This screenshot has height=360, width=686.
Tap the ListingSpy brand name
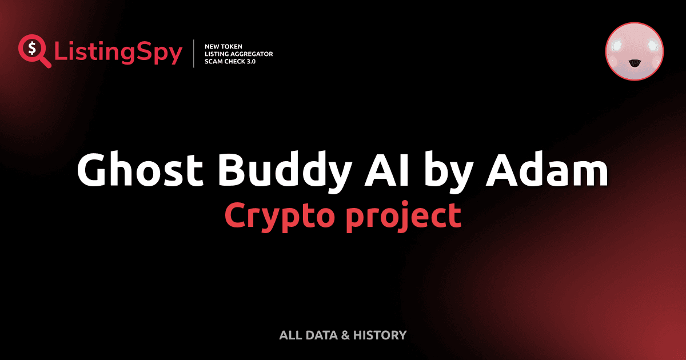pyautogui.click(x=118, y=53)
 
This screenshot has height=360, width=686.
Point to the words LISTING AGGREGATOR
pyautogui.click(x=238, y=54)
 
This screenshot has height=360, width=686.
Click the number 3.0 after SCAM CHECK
pyautogui.click(x=249, y=61)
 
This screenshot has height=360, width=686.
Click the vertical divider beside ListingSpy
pyautogui.click(x=194, y=54)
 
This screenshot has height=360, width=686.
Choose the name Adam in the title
pyautogui.click(x=547, y=170)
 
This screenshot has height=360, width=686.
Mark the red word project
pyautogui.click(x=405, y=216)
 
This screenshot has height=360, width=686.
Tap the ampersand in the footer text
pyautogui.click(x=345, y=335)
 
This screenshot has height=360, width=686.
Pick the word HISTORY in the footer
pyautogui.click(x=380, y=335)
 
